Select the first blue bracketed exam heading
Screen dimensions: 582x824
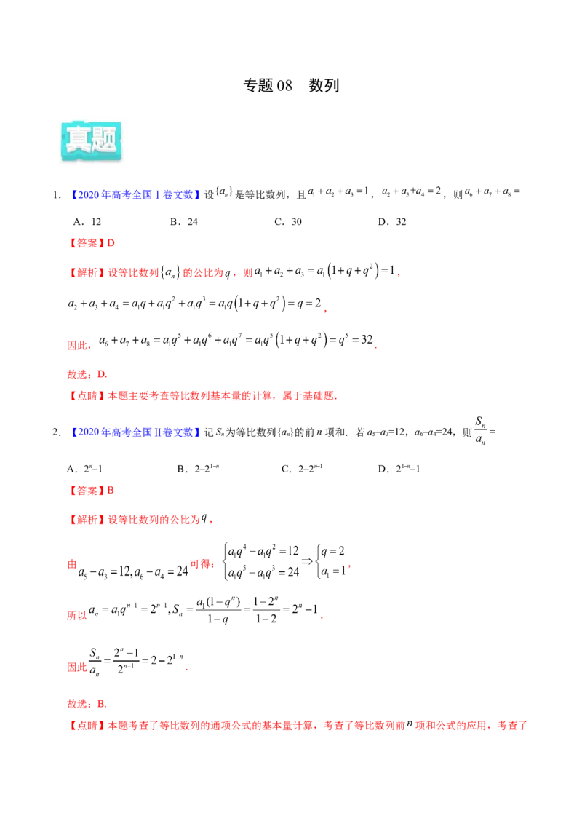pyautogui.click(x=136, y=194)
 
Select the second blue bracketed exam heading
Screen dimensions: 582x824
pyautogui.click(x=136, y=433)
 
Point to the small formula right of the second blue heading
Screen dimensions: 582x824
pyautogui.click(x=479, y=429)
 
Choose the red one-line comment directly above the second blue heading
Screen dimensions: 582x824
pyautogui.click(x=204, y=397)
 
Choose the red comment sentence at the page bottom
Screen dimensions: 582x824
pyautogui.click(x=298, y=726)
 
